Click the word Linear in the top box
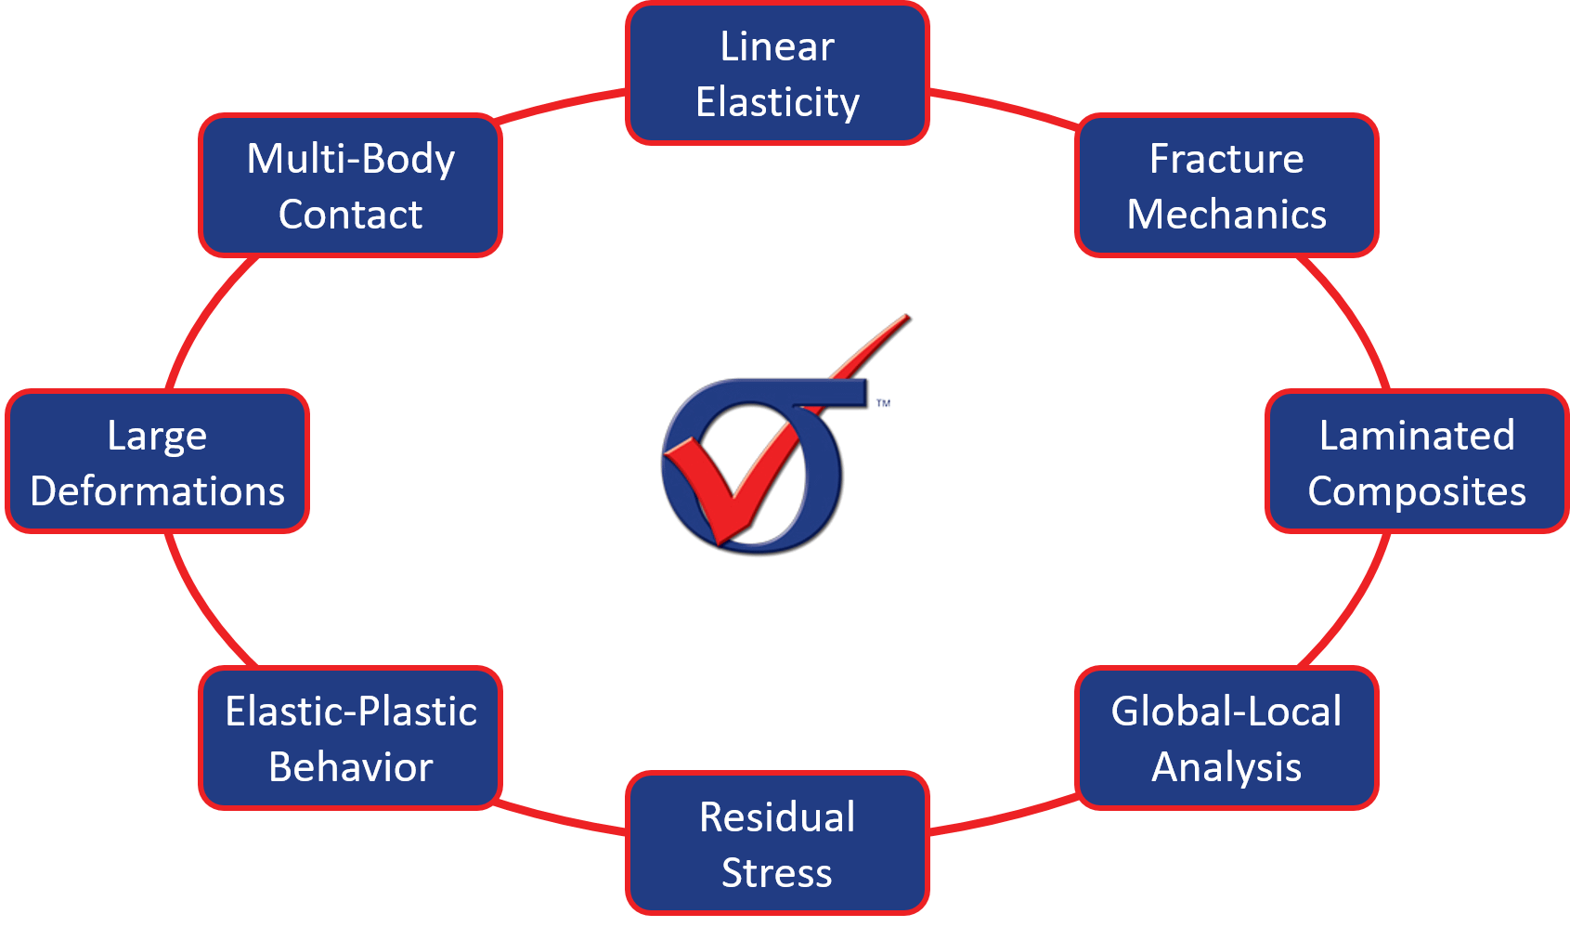coord(777,46)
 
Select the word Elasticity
coord(777,102)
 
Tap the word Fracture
coord(1226,159)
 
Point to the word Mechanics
coord(1226,215)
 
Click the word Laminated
coord(1416,436)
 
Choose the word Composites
coord(1416,491)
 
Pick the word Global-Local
coord(1226,712)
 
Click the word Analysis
coord(1226,767)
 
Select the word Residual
coord(777,817)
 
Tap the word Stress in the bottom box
coord(777,873)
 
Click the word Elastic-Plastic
coord(351,712)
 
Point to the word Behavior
coord(351,767)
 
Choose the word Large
coord(157,436)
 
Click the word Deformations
coord(157,491)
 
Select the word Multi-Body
coord(351,159)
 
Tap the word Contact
coord(351,215)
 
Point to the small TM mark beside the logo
coord(883,403)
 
